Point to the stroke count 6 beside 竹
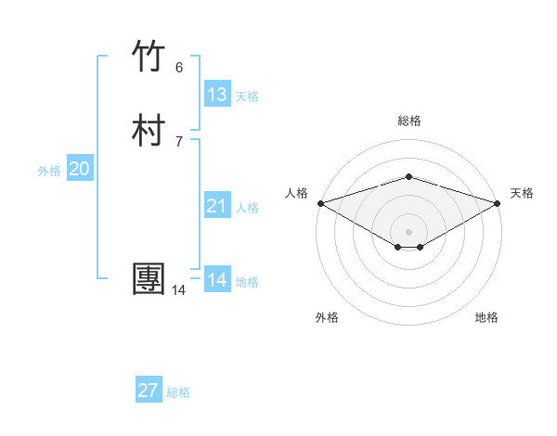coord(179,68)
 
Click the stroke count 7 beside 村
coord(179,141)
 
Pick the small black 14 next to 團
coord(178,291)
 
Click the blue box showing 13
coord(217,94)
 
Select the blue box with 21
coord(217,206)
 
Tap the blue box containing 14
coord(217,280)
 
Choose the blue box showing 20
coord(80,169)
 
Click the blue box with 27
coord(149,391)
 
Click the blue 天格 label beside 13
coord(247,96)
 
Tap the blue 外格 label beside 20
coord(49,171)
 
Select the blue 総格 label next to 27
coord(178,392)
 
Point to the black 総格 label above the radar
coord(409,121)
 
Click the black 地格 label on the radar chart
coord(486,317)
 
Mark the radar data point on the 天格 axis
coord(498,203)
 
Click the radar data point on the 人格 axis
coord(320,203)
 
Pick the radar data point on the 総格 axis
coord(409,176)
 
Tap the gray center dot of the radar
coord(409,231)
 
